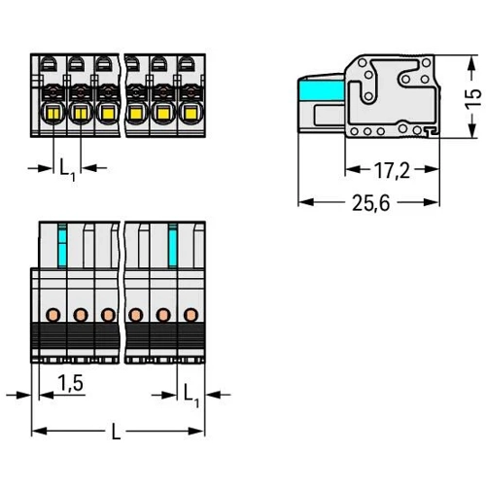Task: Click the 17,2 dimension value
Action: (x=392, y=170)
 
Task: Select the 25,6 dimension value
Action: (x=371, y=203)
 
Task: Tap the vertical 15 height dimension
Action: (x=472, y=98)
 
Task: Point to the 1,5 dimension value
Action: (x=70, y=383)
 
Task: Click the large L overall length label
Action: (x=116, y=432)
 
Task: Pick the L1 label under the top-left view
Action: (x=67, y=170)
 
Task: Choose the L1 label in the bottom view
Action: (x=191, y=396)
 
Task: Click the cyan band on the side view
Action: (x=322, y=90)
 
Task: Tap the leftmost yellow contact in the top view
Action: (x=53, y=113)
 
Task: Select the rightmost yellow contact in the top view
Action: (x=191, y=113)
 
